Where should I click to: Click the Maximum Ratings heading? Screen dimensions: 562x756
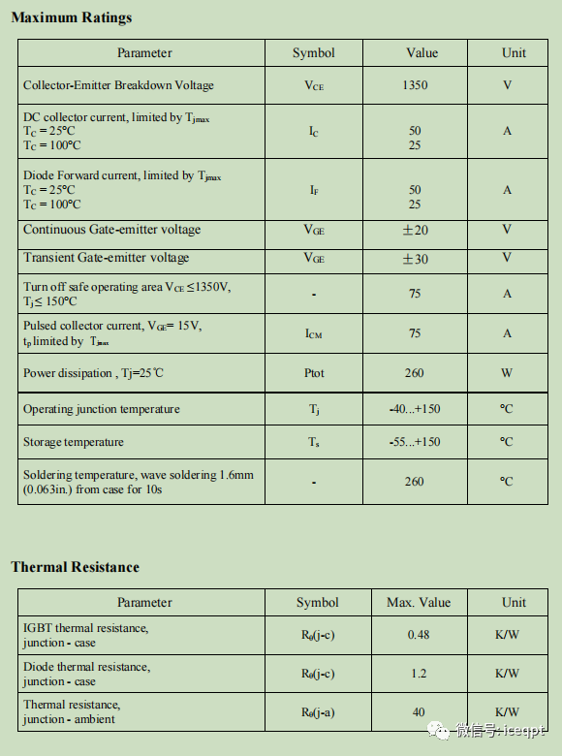[x=72, y=17]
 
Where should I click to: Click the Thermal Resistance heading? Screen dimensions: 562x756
[x=76, y=567]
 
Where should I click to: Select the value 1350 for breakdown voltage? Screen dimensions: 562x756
[x=415, y=85]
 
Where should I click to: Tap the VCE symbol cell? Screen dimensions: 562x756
[x=314, y=85]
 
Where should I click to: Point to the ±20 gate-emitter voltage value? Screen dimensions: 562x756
[x=415, y=230]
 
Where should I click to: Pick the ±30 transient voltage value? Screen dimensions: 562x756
[x=415, y=258]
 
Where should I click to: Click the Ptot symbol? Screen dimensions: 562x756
[x=314, y=373]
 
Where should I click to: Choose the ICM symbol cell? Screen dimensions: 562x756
[x=314, y=333]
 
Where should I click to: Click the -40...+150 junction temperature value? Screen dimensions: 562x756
[x=415, y=409]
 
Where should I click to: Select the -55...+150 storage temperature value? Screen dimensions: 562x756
[x=415, y=442]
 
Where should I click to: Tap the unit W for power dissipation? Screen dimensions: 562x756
[x=507, y=373]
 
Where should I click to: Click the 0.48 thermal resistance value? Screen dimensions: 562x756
[x=419, y=635]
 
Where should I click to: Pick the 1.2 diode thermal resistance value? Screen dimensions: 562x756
[x=419, y=674]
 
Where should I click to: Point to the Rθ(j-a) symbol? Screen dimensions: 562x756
[x=318, y=712]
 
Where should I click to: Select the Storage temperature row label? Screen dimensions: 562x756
[x=74, y=442]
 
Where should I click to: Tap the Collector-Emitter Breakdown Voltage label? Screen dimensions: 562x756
[x=118, y=85]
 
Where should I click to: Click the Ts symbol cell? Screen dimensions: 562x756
[x=314, y=442]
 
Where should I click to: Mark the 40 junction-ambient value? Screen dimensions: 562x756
[x=419, y=712]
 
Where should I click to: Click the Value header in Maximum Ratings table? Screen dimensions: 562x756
[x=421, y=53]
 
